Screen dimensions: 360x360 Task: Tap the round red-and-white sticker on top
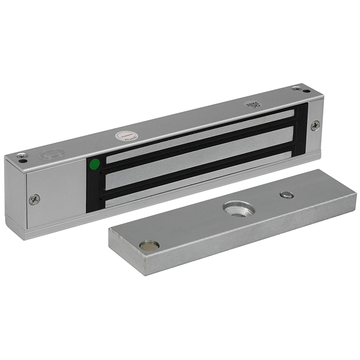[126, 135]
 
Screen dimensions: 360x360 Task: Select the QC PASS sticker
[250, 103]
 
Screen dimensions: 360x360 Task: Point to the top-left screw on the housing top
[20, 156]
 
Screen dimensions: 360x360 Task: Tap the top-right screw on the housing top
[296, 89]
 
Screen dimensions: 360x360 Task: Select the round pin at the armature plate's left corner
[148, 245]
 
